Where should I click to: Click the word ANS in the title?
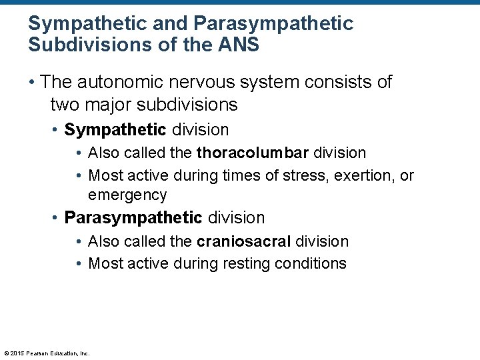point(239,45)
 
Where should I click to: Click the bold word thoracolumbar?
point(253,153)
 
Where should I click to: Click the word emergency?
point(127,195)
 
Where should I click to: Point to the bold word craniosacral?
point(244,241)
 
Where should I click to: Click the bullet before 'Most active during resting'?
point(79,263)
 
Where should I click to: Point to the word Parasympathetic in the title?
point(273,24)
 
